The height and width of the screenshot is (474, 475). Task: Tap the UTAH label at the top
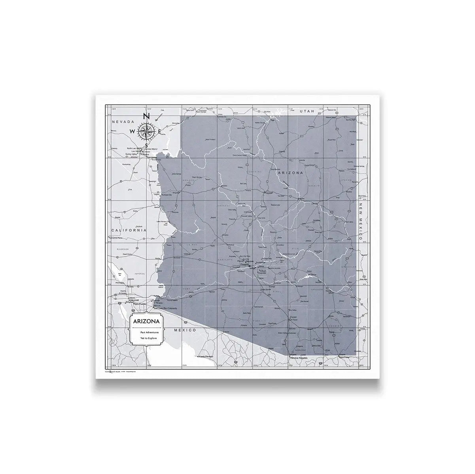click(307, 112)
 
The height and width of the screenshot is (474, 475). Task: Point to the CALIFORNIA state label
click(129, 230)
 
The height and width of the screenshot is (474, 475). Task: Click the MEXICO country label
click(185, 329)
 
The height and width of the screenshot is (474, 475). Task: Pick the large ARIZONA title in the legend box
click(147, 322)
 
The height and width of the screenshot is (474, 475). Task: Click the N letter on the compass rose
click(146, 117)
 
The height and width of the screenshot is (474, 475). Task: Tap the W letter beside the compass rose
click(132, 131)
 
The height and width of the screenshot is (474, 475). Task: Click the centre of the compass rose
click(146, 131)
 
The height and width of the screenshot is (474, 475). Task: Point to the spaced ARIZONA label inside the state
click(290, 173)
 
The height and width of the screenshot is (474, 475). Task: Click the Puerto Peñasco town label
click(206, 357)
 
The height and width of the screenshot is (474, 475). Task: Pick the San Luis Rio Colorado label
click(166, 308)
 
